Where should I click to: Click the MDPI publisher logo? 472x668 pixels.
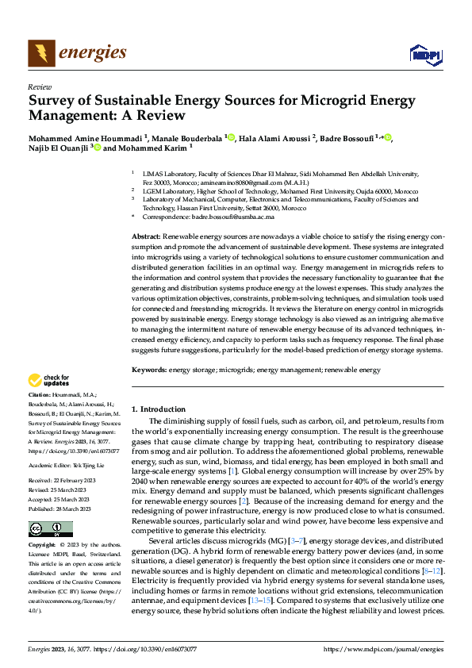(424, 54)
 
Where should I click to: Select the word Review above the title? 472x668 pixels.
(40, 87)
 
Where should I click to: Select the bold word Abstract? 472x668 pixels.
(145, 237)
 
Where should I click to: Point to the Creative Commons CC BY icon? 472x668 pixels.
(40, 528)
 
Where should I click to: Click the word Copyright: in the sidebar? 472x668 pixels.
(42, 546)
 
